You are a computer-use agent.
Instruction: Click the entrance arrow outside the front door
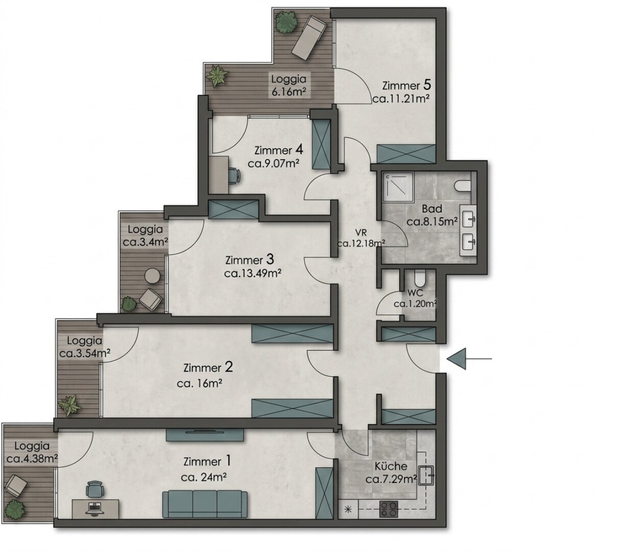point(469,359)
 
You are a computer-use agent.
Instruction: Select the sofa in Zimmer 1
point(205,504)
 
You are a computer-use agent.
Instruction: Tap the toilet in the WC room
point(420,277)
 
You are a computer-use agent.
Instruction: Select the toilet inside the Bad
point(463,186)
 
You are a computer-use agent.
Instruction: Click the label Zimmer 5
point(407,86)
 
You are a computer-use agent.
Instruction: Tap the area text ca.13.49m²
point(252,273)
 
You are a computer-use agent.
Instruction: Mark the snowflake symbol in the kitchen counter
point(348,509)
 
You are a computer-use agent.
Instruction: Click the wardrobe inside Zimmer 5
point(406,154)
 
